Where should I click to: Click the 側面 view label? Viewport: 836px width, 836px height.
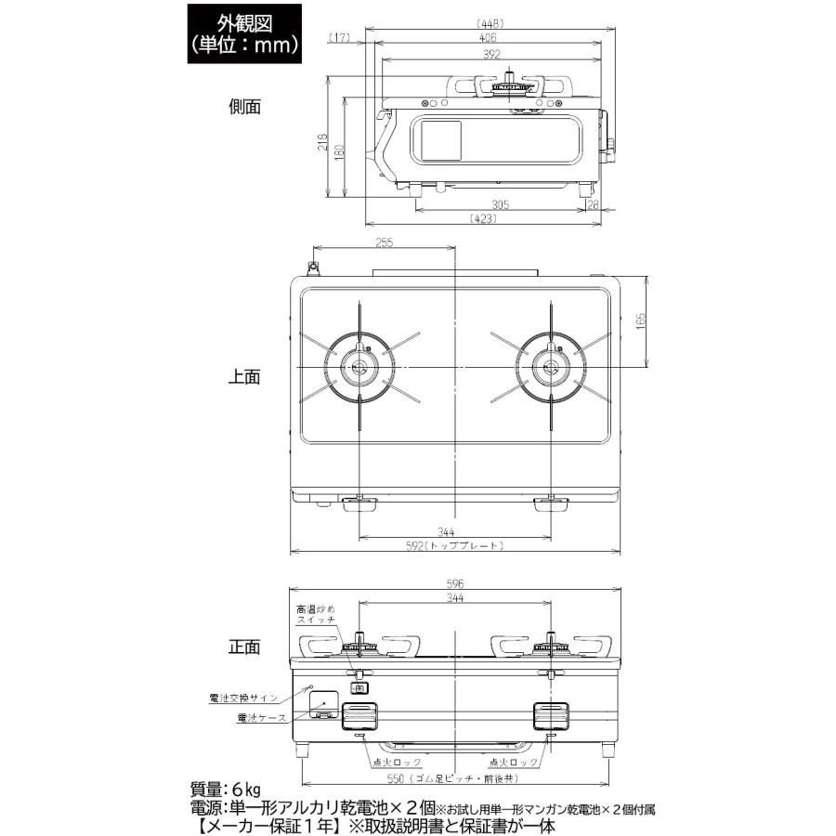pyautogui.click(x=245, y=107)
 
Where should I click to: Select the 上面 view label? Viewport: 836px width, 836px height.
pyautogui.click(x=245, y=377)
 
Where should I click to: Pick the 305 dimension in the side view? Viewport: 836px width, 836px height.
pyautogui.click(x=501, y=205)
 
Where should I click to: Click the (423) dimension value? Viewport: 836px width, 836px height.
pyautogui.click(x=483, y=220)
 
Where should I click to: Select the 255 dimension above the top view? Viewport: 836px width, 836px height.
pyautogui.click(x=385, y=243)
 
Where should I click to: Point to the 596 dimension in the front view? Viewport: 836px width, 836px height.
pyautogui.click(x=454, y=584)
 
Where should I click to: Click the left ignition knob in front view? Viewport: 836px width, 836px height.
pyautogui.click(x=360, y=716)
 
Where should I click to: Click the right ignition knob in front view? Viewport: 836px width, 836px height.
pyautogui.click(x=551, y=716)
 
